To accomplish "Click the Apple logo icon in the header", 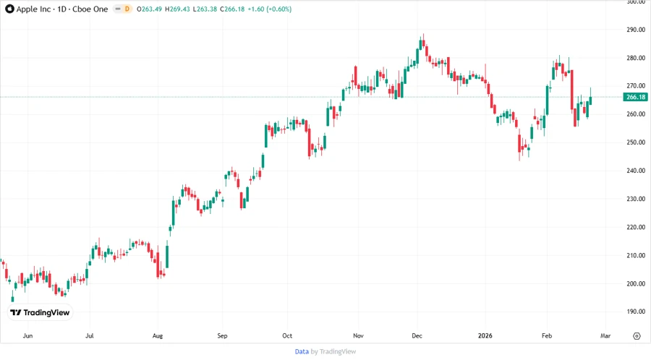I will [8, 9].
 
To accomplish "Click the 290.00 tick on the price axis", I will [636, 30].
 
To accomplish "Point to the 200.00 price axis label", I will [636, 284].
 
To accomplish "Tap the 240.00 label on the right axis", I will [636, 171].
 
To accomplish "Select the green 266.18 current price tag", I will [636, 97].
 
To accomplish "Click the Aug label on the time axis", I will [158, 336].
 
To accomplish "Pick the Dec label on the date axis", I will [417, 336].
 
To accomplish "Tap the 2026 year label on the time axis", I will [485, 336].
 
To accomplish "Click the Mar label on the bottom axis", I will [605, 336].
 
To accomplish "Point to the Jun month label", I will [28, 336].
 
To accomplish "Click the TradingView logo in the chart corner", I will [40, 313].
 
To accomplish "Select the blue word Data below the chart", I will [302, 351].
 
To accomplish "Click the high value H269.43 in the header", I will [176, 9].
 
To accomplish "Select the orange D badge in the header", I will [127, 9].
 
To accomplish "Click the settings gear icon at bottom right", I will [637, 336].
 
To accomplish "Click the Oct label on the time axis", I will [286, 336].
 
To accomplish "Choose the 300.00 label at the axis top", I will [636, 3].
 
